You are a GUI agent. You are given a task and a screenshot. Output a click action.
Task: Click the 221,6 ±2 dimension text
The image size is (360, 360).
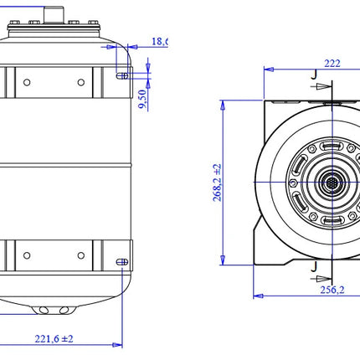click(x=54, y=339)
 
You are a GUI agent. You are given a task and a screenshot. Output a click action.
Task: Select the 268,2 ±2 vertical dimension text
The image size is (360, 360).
click(x=217, y=183)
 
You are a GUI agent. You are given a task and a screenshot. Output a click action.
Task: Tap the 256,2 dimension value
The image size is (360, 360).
click(x=332, y=290)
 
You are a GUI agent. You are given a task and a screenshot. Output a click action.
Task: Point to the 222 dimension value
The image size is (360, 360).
click(x=332, y=64)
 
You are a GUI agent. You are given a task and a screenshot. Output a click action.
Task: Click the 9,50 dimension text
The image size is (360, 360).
click(x=142, y=99)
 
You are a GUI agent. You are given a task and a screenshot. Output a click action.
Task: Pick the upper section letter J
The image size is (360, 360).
click(x=314, y=75)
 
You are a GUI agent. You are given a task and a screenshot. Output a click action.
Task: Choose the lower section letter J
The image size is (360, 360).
click(x=314, y=266)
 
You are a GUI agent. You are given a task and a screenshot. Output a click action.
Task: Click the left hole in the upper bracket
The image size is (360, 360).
click(x=27, y=82)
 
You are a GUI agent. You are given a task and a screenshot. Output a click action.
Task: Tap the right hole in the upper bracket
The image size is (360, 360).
click(x=81, y=82)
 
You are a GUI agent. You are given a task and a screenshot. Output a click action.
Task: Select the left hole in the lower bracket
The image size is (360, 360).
click(x=27, y=255)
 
